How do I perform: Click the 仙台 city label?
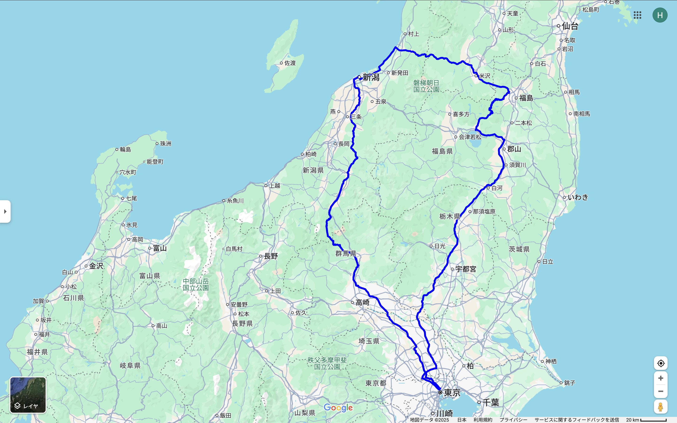click(570, 26)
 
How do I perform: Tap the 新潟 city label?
click(371, 77)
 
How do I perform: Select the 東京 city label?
click(452, 393)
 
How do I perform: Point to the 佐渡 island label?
click(290, 63)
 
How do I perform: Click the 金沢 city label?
click(96, 266)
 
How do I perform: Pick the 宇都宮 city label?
click(465, 269)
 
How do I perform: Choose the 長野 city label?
click(271, 256)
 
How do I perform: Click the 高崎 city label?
click(362, 302)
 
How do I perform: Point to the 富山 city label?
click(160, 248)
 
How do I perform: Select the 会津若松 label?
click(470, 137)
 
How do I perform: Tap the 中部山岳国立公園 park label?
click(196, 284)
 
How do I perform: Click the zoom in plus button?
click(661, 378)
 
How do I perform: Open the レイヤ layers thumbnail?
click(28, 395)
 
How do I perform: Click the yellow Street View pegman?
click(661, 407)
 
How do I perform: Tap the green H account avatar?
click(660, 15)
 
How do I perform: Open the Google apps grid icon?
click(637, 15)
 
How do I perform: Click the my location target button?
click(661, 363)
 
